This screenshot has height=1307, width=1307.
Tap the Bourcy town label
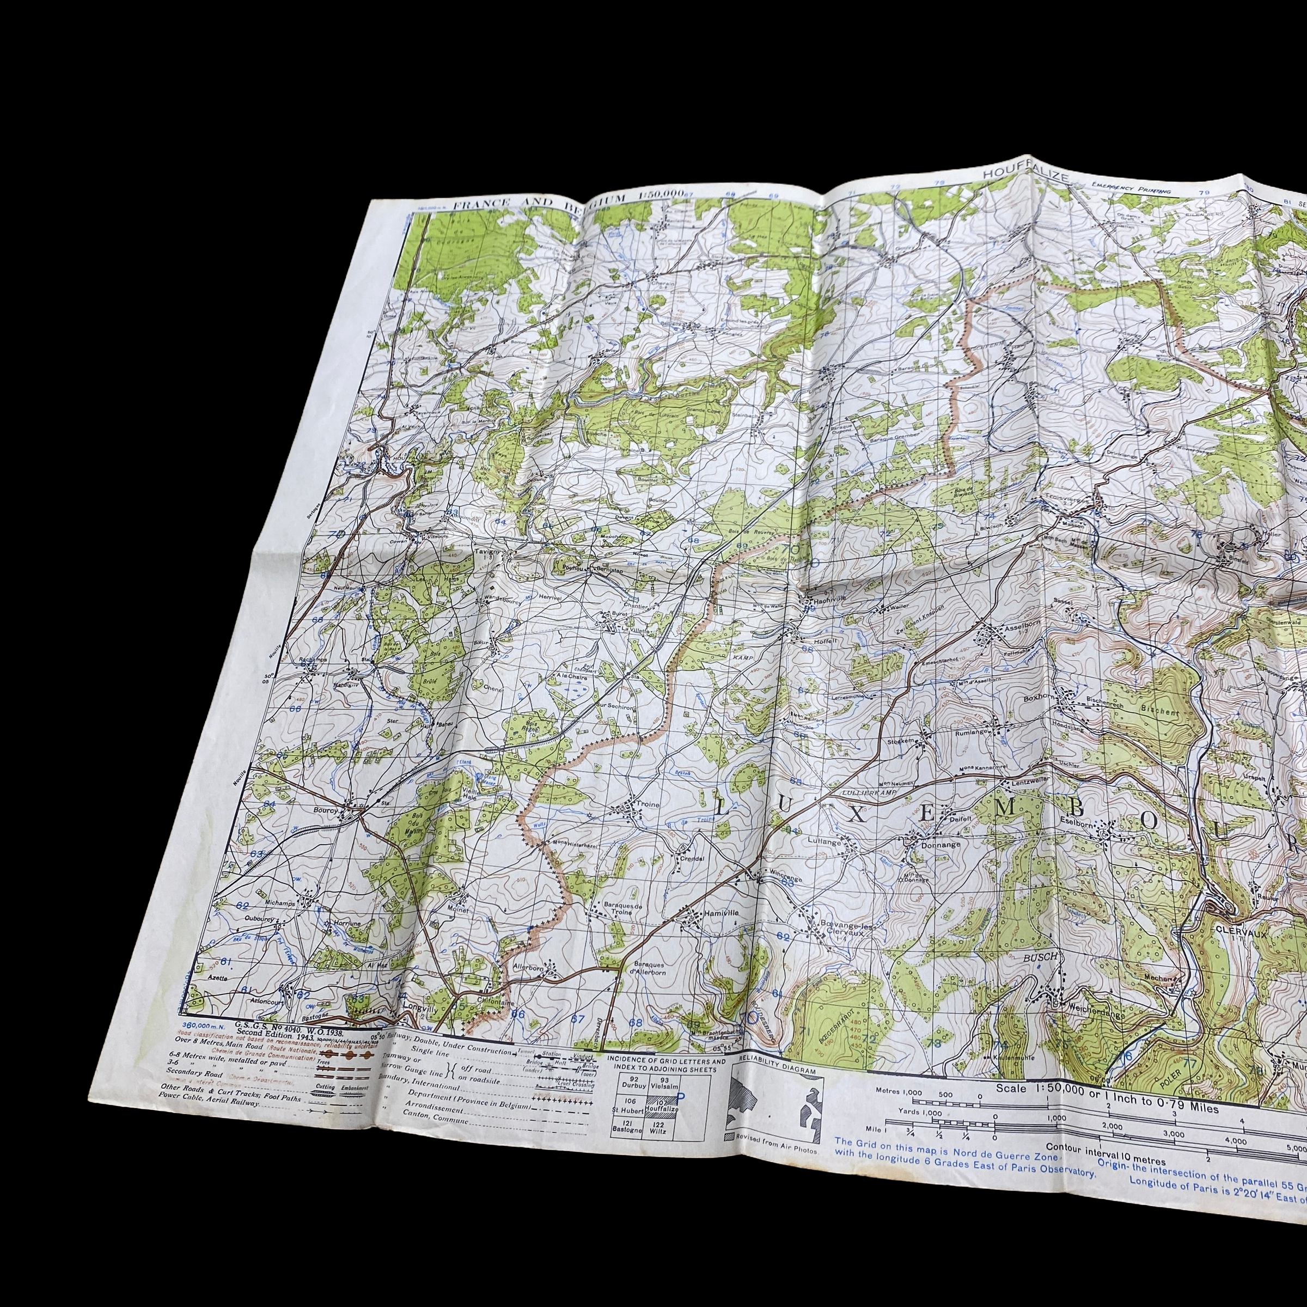(x=325, y=809)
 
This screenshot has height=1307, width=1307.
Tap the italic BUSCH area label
(x=1039, y=957)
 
